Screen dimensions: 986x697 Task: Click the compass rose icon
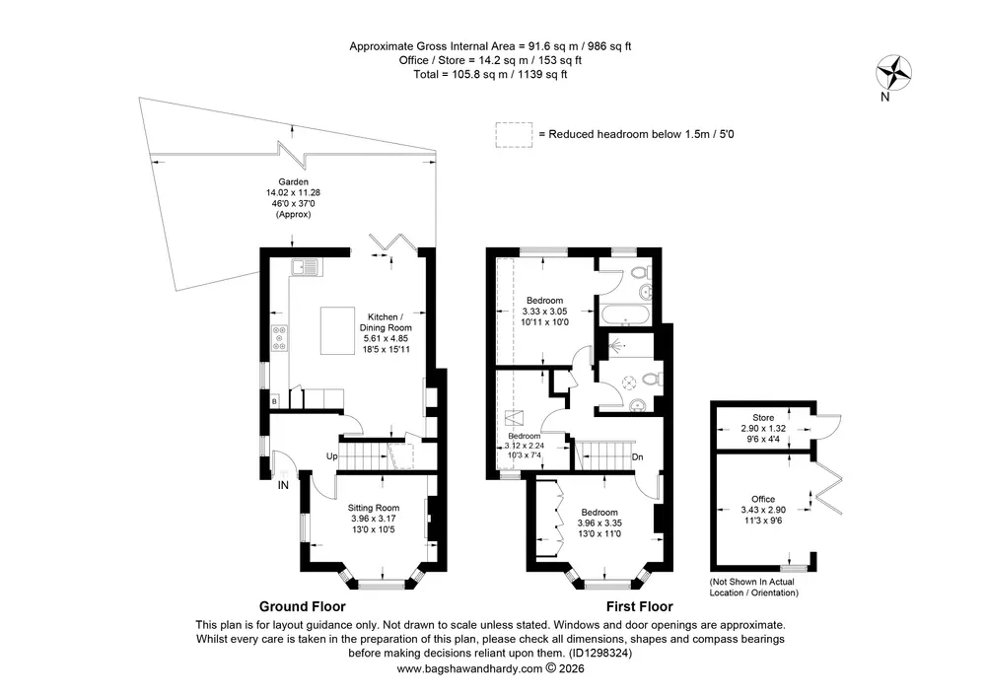pos(893,73)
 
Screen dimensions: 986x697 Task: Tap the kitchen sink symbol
pos(306,267)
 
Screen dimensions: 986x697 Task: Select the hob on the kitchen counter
pos(279,338)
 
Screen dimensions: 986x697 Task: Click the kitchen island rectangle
pos(337,330)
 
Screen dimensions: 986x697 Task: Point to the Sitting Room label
pos(374,508)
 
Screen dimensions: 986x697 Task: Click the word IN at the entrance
pos(283,485)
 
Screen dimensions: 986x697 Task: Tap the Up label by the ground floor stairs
pos(331,456)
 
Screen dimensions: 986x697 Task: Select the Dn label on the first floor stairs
pos(638,456)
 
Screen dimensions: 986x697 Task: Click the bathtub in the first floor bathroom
pos(626,314)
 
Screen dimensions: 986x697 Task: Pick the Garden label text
pos(293,182)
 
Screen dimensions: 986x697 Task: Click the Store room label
pos(763,417)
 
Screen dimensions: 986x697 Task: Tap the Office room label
pos(763,499)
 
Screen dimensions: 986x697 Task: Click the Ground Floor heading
pos(303,606)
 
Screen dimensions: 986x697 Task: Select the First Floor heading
pos(640,606)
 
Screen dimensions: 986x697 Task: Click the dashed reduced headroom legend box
pos(514,134)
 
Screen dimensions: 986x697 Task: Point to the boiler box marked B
pos(275,401)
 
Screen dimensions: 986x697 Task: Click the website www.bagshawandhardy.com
pos(469,668)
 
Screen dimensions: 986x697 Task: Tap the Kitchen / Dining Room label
pos(386,322)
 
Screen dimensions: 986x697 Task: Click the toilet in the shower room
pos(653,379)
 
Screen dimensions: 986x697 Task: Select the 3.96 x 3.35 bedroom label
pos(599,523)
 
